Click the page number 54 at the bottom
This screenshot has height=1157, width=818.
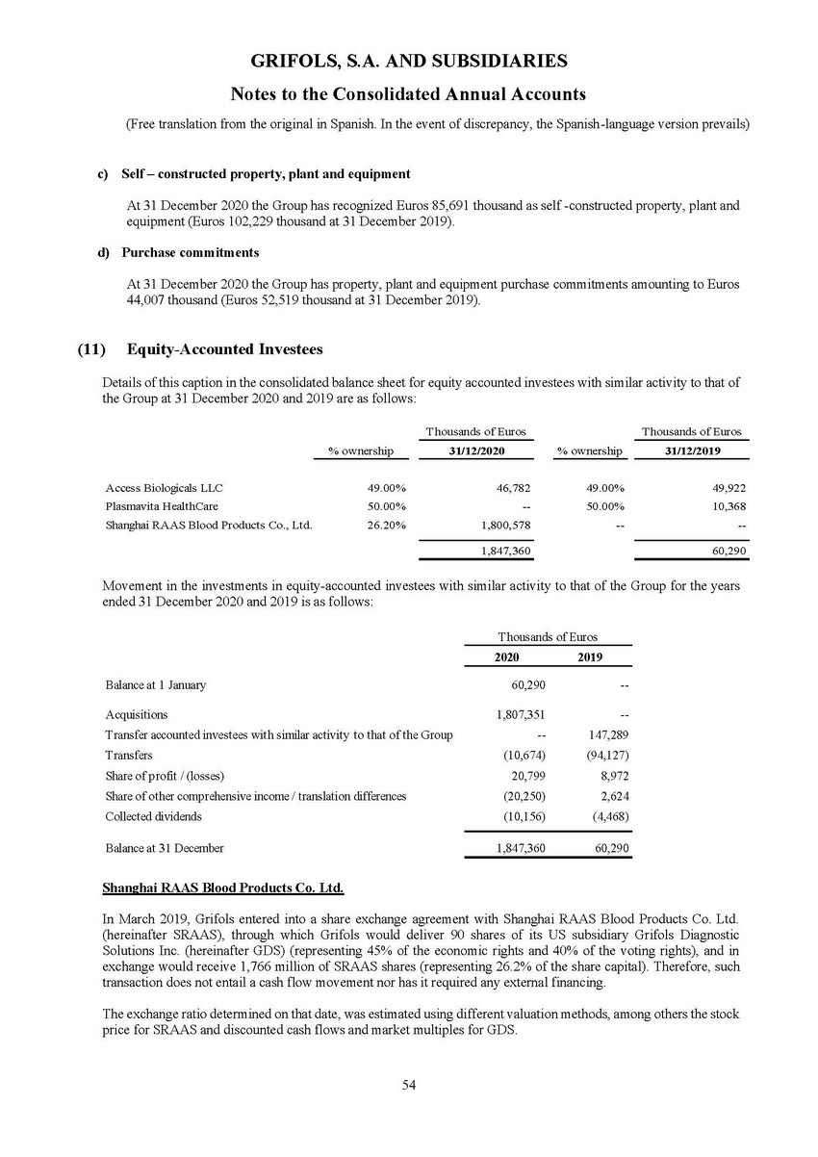409,1086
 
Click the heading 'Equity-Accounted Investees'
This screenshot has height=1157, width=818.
224,349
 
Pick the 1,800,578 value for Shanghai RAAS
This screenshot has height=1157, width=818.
499,526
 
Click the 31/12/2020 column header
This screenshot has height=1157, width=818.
477,450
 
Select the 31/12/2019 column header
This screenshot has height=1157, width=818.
695,450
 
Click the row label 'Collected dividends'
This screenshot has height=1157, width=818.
154,816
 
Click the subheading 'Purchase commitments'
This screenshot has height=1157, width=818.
191,252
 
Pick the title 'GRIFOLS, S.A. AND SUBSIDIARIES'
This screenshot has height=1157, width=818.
409,62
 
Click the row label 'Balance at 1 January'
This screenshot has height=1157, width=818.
155,685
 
